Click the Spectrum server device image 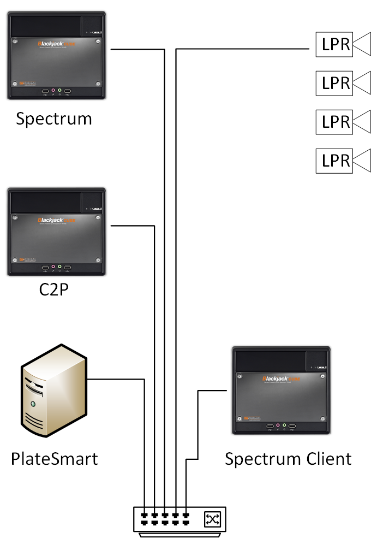tap(57, 56)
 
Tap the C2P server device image tap(57, 232)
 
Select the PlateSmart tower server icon tap(53, 391)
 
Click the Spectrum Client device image tap(281, 390)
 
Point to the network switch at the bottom tap(179, 519)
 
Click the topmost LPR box tap(334, 45)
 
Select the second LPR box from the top tap(334, 83)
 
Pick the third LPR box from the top tap(334, 121)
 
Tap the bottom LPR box tap(334, 161)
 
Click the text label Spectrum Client tap(288, 459)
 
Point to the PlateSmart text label tap(55, 459)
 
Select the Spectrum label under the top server tap(54, 119)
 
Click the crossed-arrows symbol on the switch tap(211, 519)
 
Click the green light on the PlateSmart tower tap(33, 404)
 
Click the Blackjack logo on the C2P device tap(55, 220)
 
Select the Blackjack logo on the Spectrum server tap(55, 44)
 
